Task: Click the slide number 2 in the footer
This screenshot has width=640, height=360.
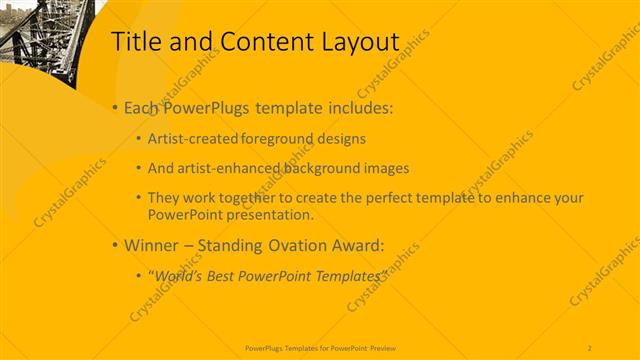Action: click(590, 347)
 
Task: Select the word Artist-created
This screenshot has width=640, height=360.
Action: click(191, 139)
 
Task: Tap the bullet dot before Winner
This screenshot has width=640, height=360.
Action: click(115, 244)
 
